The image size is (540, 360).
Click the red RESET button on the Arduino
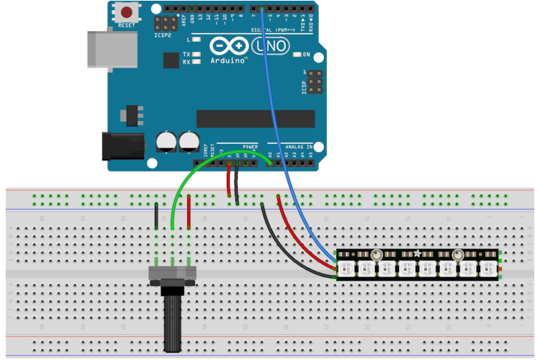click(x=127, y=13)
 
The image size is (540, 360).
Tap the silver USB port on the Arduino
click(x=105, y=49)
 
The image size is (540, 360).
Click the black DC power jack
click(x=122, y=146)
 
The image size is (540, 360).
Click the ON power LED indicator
click(x=297, y=55)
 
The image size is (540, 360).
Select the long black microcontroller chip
click(x=256, y=118)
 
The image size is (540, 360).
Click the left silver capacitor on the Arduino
click(x=168, y=141)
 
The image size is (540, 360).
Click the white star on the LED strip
click(x=417, y=253)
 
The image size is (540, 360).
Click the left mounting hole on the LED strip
click(x=375, y=254)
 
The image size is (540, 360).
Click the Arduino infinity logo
click(x=229, y=46)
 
